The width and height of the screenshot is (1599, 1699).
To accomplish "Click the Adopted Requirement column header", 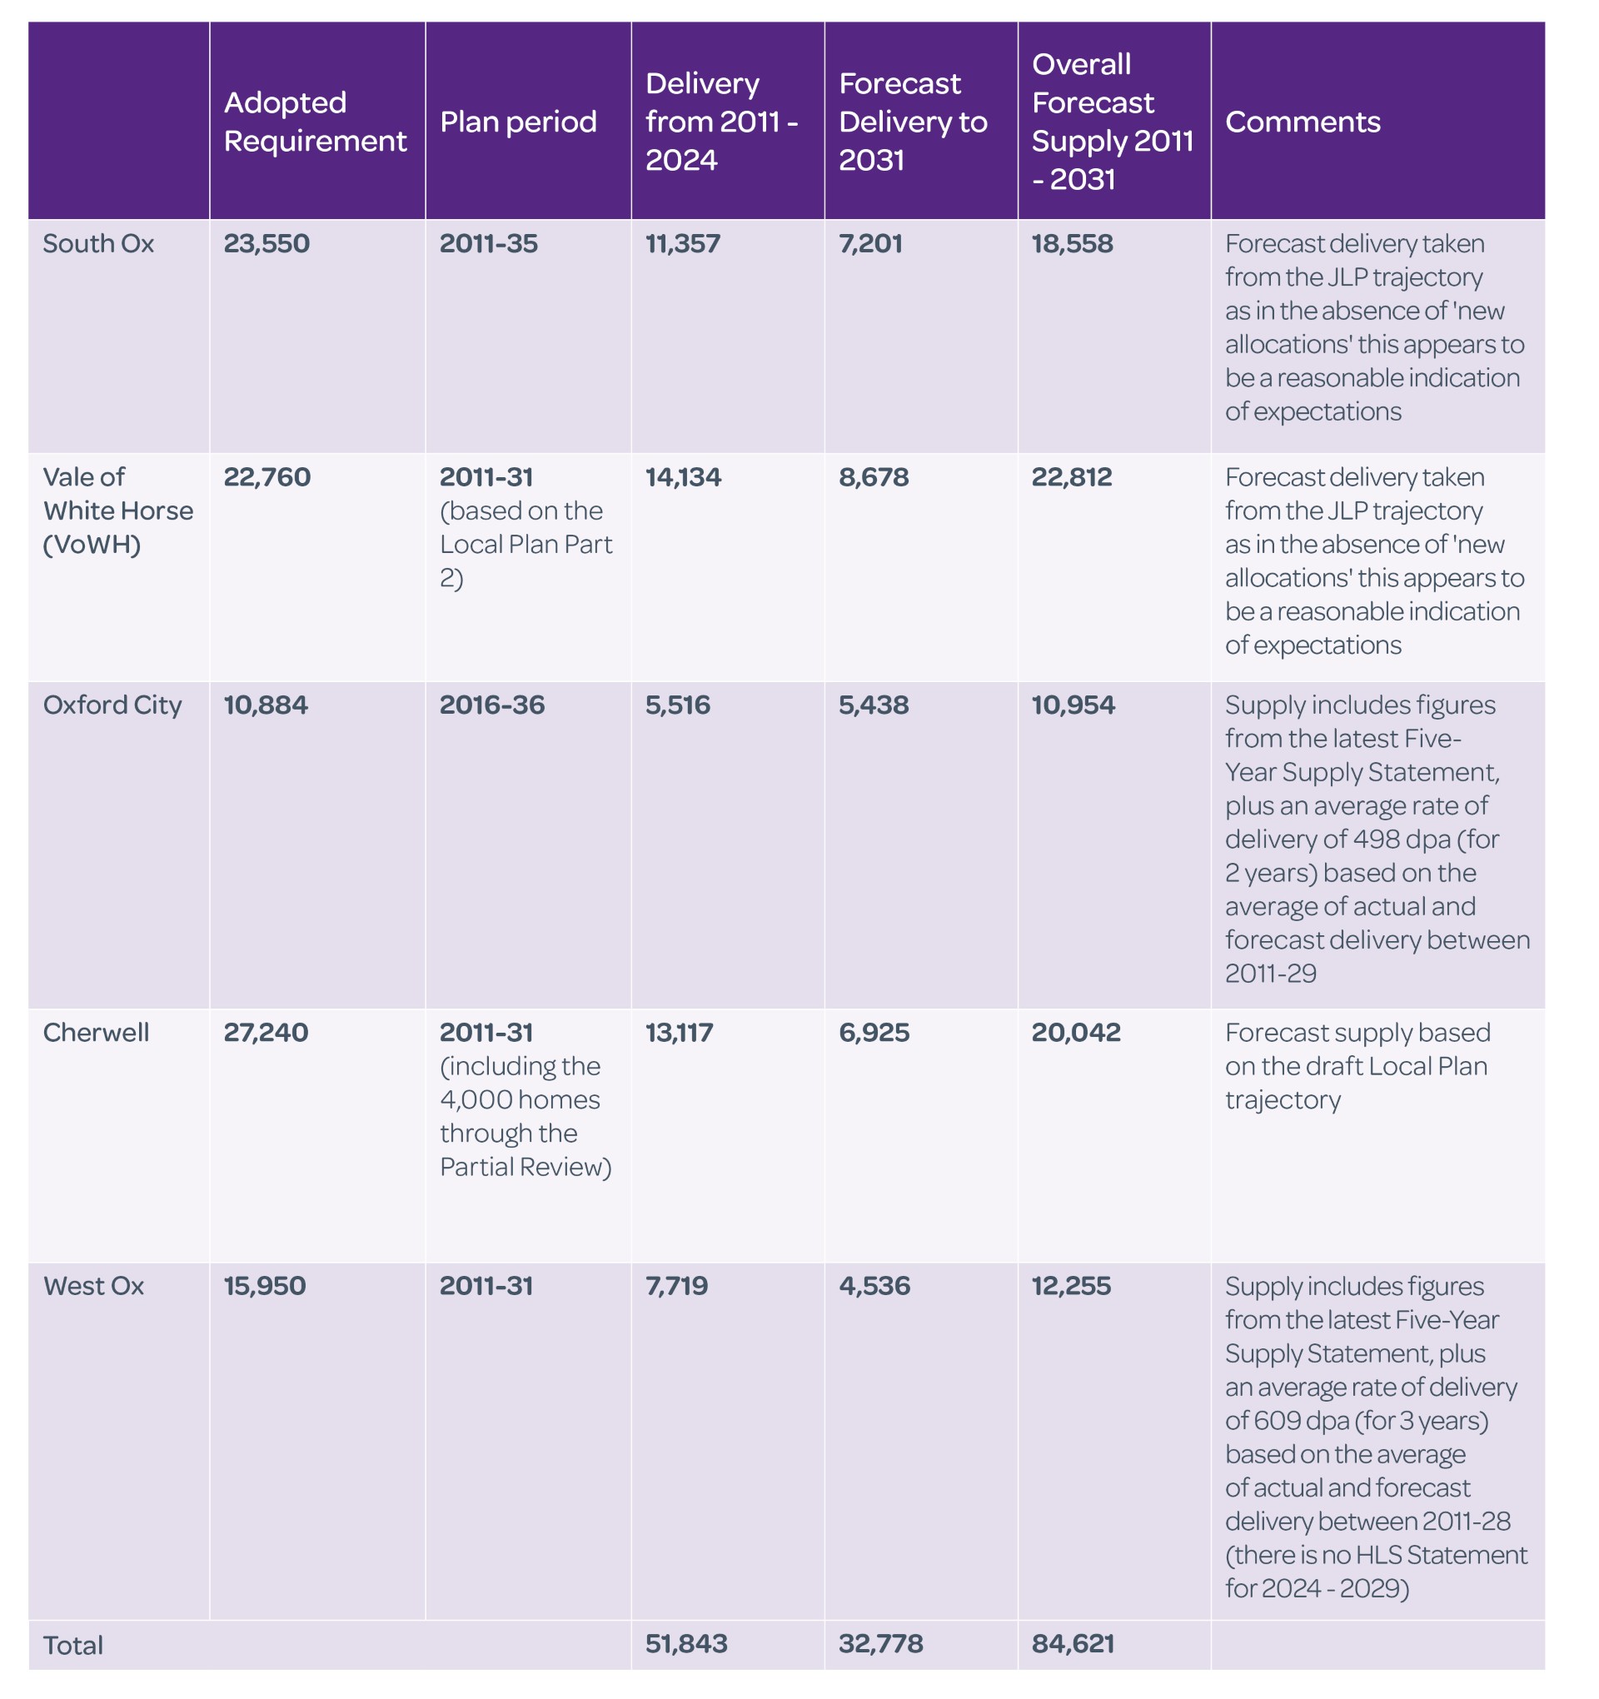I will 315,122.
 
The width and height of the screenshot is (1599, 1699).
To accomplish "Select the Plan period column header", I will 518,122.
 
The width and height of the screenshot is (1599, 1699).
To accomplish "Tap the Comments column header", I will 1303,122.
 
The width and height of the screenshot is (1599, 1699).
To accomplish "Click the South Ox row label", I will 98,243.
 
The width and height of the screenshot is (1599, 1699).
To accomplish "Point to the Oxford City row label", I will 112,705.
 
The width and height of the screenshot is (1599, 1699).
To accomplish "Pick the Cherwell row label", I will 96,1033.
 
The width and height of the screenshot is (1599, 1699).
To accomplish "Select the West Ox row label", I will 93,1286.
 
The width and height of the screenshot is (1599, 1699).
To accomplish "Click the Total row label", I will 72,1645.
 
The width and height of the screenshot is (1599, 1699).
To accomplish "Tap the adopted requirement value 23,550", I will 266,243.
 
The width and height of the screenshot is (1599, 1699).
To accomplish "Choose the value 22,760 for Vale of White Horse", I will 266,477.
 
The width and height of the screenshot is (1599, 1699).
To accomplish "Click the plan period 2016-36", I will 491,705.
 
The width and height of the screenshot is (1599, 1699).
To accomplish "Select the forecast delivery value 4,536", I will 874,1286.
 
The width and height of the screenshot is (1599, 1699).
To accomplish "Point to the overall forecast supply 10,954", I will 1073,705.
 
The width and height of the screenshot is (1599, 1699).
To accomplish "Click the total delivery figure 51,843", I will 686,1643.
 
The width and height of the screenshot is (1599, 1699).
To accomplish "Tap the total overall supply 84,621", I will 1073,1643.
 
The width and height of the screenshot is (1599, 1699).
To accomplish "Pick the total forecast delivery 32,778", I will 880,1643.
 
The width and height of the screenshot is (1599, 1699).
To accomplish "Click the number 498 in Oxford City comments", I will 1379,840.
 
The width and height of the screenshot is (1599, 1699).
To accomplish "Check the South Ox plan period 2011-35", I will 489,243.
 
